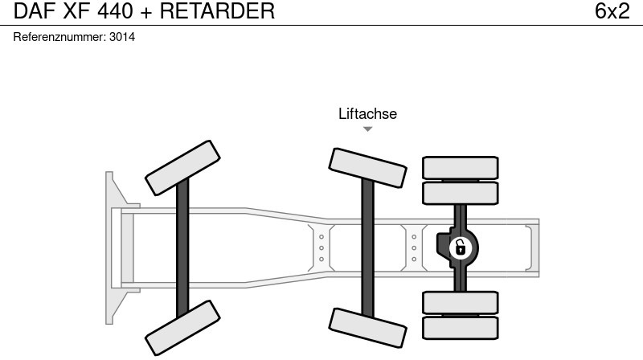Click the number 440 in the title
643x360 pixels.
pos(115,11)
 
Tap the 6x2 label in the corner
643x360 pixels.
pos(612,11)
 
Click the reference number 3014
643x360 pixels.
pos(122,37)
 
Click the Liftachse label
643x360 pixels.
pos(367,114)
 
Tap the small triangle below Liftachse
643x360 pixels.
pos(367,129)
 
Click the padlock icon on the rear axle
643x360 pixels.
pos(460,247)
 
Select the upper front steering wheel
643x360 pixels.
pos(182,163)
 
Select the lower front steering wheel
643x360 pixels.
pos(182,328)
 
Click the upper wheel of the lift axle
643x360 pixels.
pos(367,168)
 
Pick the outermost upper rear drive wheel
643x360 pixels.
pos(461,167)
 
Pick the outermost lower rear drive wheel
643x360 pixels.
pos(461,327)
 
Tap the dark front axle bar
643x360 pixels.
pos(182,245)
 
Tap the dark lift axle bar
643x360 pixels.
pos(367,245)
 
